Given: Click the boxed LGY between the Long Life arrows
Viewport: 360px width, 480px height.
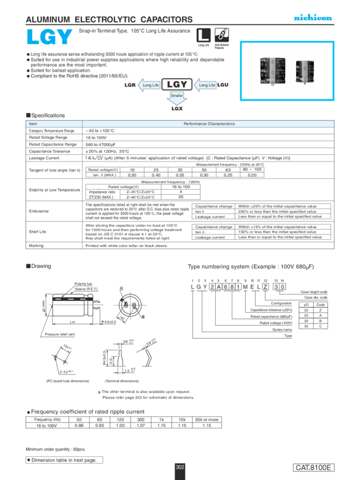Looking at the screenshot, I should point(177,85).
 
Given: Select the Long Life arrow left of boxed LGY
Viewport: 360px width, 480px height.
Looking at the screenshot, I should point(150,85).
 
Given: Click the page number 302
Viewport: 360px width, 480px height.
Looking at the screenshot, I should point(180,467).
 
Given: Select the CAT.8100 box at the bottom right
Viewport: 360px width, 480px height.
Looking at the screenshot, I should point(314,468).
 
